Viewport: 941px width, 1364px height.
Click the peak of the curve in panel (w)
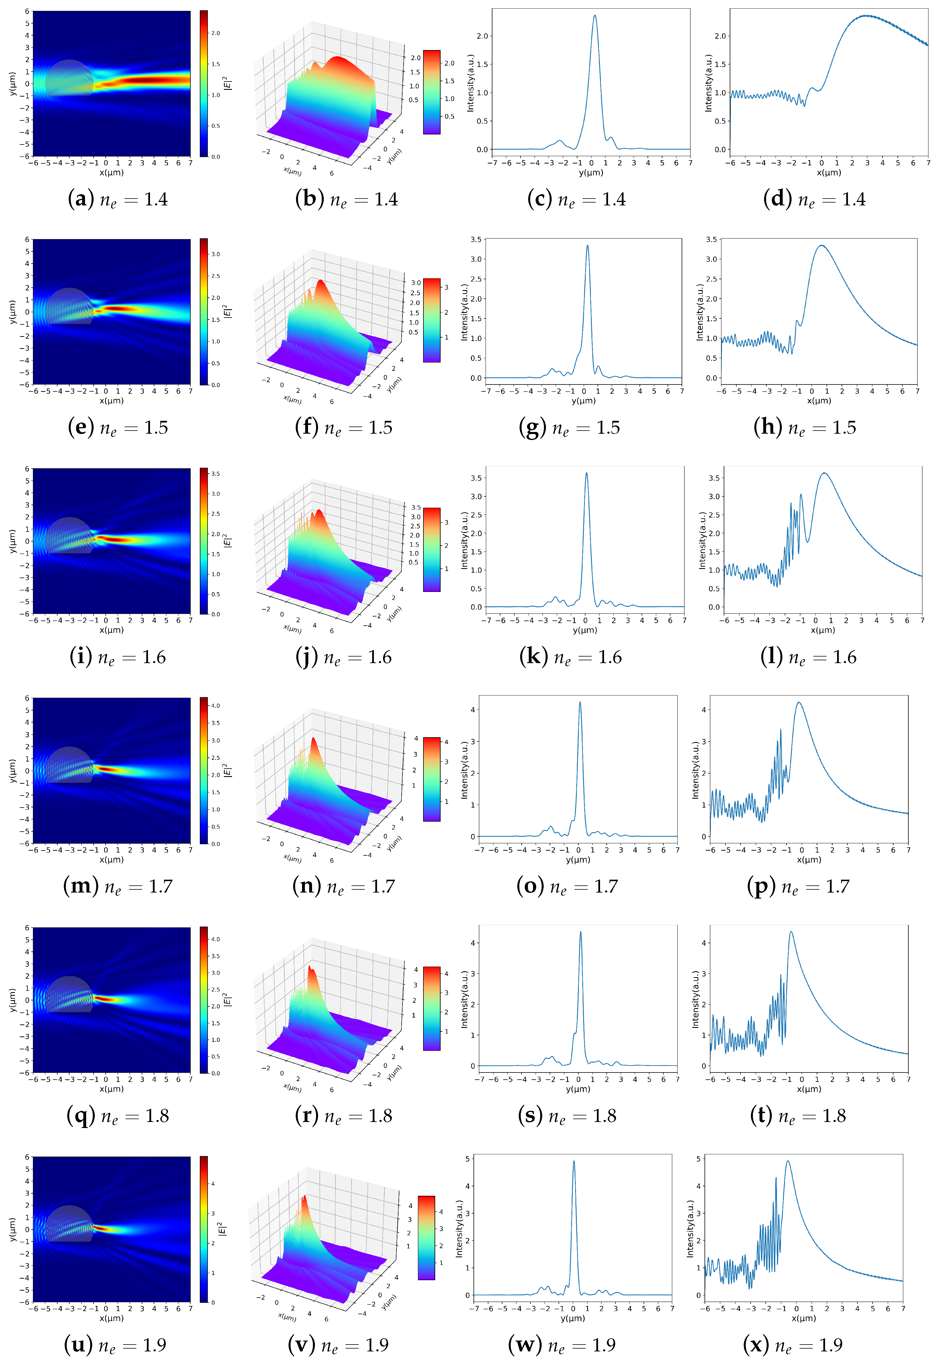click(574, 1161)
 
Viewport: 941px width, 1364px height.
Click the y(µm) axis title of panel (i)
click(12, 541)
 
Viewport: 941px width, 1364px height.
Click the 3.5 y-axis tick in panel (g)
click(475, 239)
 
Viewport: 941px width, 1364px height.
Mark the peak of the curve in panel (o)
click(580, 702)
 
